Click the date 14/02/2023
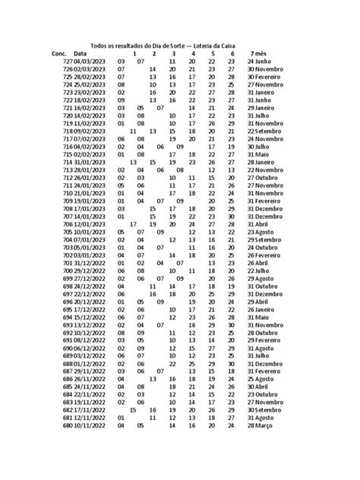pyautogui.click(x=90, y=115)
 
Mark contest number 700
pyautogui.click(x=68, y=270)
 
